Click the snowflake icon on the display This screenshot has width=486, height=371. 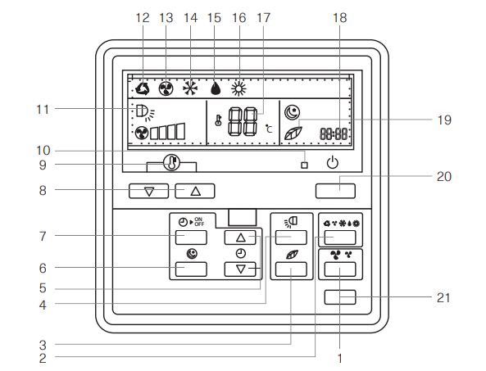pos(189,88)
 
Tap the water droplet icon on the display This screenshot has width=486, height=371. pos(216,88)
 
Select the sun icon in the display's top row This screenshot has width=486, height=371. pos(238,89)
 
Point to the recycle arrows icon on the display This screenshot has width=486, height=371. pos(143,88)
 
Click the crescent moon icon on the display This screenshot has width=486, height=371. pos(292,112)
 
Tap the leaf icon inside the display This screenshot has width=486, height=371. pos(293,133)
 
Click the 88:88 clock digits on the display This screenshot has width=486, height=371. pos(334,133)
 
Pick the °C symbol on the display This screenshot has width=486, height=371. pos(269,129)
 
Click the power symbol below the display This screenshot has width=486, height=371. pos(332,163)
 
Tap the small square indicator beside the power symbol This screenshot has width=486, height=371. pos(304,165)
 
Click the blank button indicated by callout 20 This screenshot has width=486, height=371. pos(335,191)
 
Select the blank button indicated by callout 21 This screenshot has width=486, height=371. pos(340,297)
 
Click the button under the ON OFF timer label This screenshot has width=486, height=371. pos(191,238)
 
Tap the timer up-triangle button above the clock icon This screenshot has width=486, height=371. pos(240,238)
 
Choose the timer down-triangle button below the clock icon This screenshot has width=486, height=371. pos(240,269)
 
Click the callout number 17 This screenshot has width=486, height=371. pos(263,18)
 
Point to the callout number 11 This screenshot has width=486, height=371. pos(43,109)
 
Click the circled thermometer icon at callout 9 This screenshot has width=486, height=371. pos(171,162)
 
